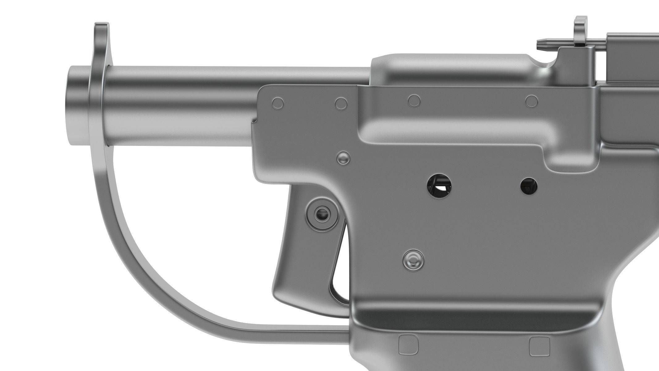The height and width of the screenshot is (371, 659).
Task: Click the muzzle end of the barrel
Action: (76, 105)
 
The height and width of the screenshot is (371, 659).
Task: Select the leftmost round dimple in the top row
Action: (278, 103)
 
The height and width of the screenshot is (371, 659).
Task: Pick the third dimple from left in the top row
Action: (414, 101)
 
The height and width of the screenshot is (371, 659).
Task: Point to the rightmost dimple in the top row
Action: (531, 101)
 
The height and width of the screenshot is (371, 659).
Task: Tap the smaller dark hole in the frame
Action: (529, 186)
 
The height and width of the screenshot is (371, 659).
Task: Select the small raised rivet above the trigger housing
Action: (343, 158)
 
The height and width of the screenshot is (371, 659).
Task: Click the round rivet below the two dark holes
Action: (413, 259)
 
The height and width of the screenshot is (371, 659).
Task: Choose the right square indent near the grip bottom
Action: (539, 346)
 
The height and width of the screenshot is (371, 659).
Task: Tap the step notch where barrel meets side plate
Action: (255, 121)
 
